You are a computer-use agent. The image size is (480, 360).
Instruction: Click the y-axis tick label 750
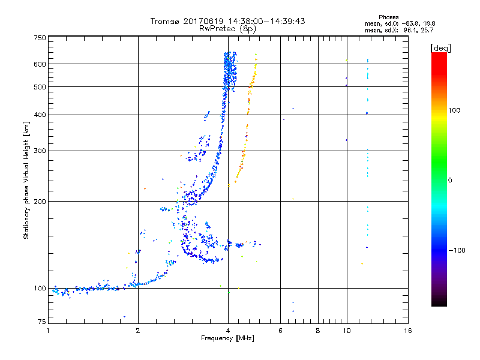point(40,38)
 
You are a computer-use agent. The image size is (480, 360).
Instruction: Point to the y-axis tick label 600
point(40,64)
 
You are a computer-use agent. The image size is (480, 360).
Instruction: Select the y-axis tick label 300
point(40,151)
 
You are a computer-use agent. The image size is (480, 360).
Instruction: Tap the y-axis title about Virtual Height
point(26,181)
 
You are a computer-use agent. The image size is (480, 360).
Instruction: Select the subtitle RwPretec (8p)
point(227,28)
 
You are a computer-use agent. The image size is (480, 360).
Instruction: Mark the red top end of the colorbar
point(439,55)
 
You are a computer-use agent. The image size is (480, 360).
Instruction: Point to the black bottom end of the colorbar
point(439,304)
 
